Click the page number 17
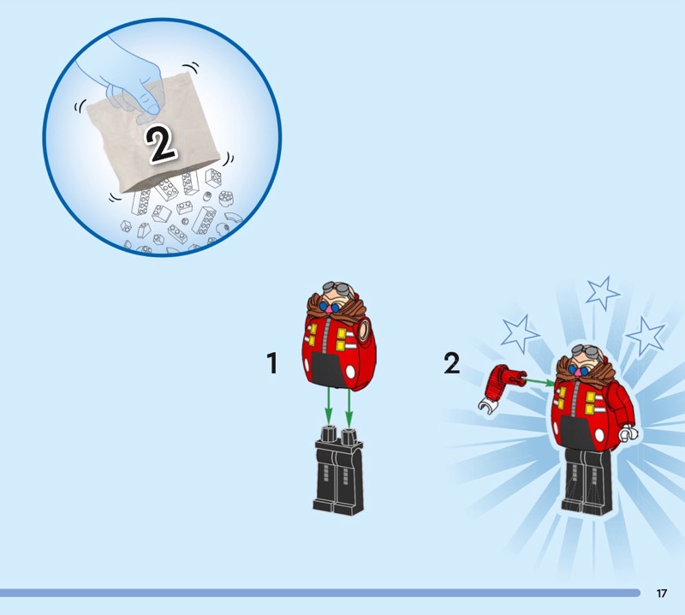(661, 593)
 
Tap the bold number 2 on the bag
(161, 144)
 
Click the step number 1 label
(272, 363)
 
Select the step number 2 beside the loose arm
(452, 363)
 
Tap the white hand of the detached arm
(488, 406)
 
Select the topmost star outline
(602, 293)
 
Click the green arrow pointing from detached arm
(540, 383)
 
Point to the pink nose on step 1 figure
(324, 308)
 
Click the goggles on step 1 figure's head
(337, 289)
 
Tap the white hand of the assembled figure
(628, 433)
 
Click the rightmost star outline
(646, 336)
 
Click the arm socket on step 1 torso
(363, 330)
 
